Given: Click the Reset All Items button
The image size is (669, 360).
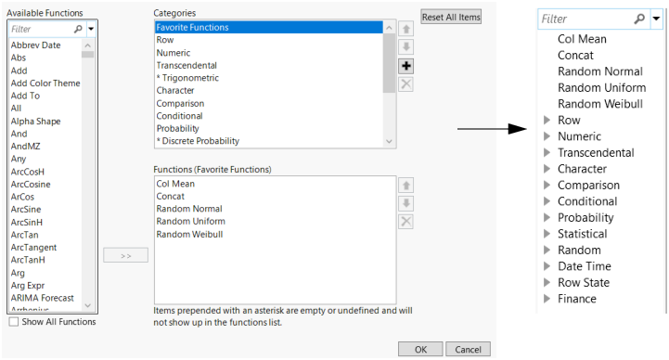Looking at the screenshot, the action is pyautogui.click(x=451, y=18).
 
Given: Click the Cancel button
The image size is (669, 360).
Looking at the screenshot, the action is pyautogui.click(x=468, y=349).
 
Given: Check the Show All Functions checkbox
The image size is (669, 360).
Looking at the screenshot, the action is pyautogui.click(x=13, y=322).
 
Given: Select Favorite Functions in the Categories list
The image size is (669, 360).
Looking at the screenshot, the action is pyautogui.click(x=193, y=28).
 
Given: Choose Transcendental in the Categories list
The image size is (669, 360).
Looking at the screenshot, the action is pyautogui.click(x=187, y=66).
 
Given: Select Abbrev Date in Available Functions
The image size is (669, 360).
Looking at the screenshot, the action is pyautogui.click(x=35, y=45).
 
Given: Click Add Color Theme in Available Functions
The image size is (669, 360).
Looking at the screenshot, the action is pyautogui.click(x=45, y=84).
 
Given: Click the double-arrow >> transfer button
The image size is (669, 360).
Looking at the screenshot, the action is pyautogui.click(x=125, y=255).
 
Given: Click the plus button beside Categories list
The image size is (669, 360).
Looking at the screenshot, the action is pyautogui.click(x=405, y=66).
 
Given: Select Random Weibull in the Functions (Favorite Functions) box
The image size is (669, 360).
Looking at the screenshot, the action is pyautogui.click(x=190, y=234).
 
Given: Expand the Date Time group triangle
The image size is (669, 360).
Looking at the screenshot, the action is pyautogui.click(x=546, y=267).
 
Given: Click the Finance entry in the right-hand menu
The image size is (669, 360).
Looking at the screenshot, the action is pyautogui.click(x=576, y=299).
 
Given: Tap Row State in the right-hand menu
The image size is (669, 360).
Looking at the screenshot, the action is pyautogui.click(x=583, y=283).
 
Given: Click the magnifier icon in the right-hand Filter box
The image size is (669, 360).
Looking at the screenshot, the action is pyautogui.click(x=639, y=19).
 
